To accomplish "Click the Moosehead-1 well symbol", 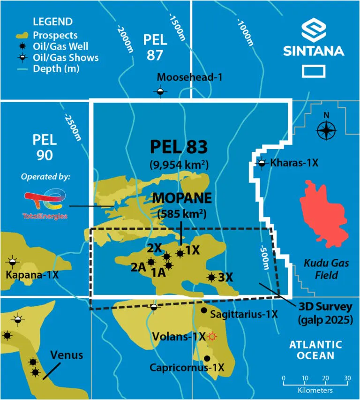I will point(160,91).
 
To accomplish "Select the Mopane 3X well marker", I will point(211,277).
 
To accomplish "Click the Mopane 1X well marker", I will point(180,253).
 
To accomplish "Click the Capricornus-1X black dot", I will point(207,358).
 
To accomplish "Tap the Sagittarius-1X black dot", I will point(204,310).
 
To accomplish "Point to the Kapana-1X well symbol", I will point(13,261).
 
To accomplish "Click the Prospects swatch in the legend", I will point(22,36).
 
